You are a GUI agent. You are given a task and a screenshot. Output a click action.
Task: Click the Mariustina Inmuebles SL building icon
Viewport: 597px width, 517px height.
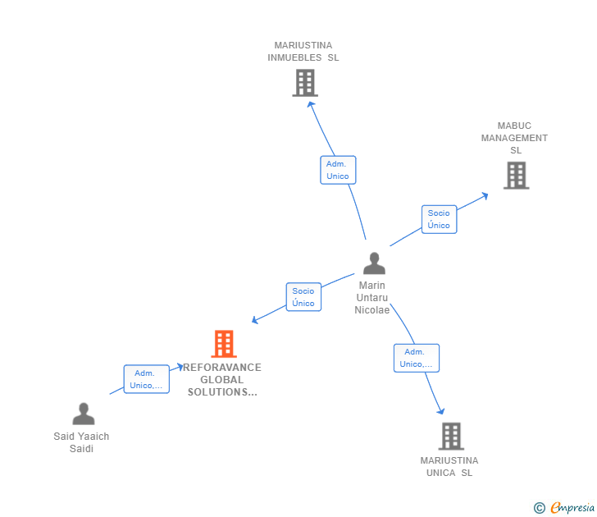coord(304,83)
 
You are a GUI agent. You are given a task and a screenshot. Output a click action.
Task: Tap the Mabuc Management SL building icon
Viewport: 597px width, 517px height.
coord(516,175)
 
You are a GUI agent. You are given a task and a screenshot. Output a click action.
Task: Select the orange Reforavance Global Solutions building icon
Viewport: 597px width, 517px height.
coord(223,344)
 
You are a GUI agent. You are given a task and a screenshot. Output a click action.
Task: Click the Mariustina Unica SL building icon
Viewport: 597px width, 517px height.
coord(450,436)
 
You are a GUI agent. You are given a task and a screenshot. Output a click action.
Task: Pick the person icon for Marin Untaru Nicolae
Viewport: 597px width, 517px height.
coord(374,263)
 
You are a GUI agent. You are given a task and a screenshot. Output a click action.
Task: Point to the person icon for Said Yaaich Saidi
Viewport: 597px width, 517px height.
coord(83,414)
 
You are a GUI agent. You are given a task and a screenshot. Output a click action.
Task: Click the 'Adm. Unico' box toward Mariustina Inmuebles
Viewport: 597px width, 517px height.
coord(338,170)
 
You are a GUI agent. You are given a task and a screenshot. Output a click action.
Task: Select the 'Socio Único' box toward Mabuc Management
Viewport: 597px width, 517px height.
coord(439,219)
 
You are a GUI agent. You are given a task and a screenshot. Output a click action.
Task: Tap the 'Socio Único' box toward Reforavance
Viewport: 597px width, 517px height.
coord(303,297)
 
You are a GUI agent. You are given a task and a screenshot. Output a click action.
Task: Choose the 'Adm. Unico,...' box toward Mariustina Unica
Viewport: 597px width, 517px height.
coord(416,358)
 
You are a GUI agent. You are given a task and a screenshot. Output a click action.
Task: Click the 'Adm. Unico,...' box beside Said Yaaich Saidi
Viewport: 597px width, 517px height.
coord(147,379)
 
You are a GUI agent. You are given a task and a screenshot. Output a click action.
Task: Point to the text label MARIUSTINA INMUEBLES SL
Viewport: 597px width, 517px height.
coord(303,52)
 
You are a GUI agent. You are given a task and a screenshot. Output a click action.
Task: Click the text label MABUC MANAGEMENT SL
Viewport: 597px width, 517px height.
coord(514,138)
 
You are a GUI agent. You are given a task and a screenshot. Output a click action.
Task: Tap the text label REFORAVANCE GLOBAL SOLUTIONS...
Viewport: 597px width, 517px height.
coord(222,380)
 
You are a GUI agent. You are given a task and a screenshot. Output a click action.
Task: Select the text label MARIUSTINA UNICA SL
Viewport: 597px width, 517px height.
coord(449,466)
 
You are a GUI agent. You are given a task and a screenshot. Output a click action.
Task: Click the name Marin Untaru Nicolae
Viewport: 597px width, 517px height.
coord(371,298)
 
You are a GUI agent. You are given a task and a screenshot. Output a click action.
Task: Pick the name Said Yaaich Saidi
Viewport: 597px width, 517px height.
coord(81,442)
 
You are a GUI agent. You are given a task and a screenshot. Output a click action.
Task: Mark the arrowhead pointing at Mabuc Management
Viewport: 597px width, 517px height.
coord(485,195)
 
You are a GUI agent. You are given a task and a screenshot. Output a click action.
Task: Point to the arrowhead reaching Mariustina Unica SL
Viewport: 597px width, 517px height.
coord(441,411)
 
